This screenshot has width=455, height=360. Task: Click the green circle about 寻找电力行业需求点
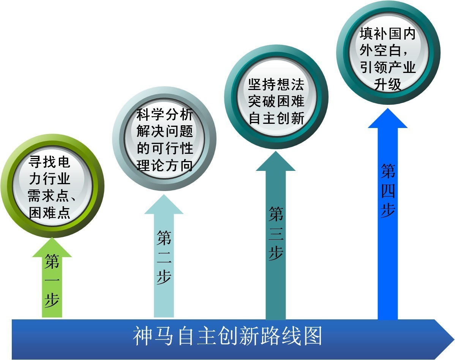(52, 186)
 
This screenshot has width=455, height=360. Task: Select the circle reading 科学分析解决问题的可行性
(164, 139)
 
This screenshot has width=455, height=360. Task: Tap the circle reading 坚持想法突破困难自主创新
(276, 96)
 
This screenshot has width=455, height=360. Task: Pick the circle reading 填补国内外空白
(388, 52)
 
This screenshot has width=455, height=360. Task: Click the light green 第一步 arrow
(52, 278)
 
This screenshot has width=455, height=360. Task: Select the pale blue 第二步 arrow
(164, 256)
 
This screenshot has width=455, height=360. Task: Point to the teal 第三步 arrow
(276, 235)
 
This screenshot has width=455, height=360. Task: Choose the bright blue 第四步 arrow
(388, 214)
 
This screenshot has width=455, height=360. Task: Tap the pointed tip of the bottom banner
(453, 339)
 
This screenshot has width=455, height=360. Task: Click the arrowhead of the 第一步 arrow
(52, 247)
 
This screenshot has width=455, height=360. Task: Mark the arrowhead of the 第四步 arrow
(388, 118)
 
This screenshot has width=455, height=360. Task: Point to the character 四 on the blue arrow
(388, 191)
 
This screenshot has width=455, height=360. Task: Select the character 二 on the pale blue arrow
(164, 257)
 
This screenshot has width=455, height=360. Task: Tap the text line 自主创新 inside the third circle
(276, 118)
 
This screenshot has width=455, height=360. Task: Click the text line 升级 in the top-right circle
(388, 84)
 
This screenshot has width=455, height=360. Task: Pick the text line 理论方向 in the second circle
(164, 165)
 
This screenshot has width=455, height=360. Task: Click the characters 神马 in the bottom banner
(153, 336)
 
